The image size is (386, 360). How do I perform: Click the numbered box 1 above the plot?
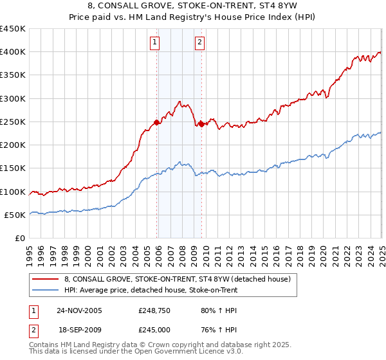click(x=156, y=43)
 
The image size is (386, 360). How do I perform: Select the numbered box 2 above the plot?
click(x=200, y=43)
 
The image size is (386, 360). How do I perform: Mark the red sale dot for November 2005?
click(x=157, y=122)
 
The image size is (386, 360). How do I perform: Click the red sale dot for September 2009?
click(x=201, y=124)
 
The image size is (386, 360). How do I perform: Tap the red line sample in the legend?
click(x=46, y=279)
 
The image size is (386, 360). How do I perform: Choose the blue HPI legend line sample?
click(x=46, y=289)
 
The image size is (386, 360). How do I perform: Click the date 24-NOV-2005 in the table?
click(x=79, y=310)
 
